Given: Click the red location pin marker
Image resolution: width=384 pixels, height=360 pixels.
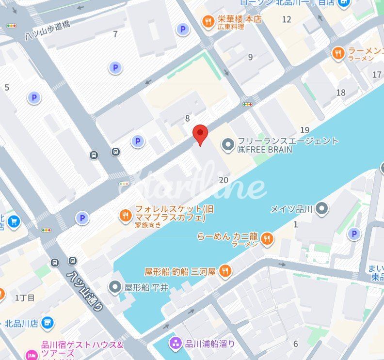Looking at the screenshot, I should tap(200, 133).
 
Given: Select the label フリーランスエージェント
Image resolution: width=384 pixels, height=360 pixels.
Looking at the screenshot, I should tap(288, 141).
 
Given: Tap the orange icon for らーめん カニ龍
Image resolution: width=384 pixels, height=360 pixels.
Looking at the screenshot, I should tap(266, 238).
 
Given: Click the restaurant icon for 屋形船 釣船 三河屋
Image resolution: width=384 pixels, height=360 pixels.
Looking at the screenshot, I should tap(225, 271).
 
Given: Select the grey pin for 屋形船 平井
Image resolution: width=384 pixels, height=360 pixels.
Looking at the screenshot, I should tap(115, 287).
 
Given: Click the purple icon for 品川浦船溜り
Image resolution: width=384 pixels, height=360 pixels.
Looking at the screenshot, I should tap(175, 344).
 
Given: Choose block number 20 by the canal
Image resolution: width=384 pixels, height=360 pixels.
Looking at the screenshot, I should tap(224, 180).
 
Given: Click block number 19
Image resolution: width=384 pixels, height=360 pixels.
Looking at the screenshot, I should tap(304, 130).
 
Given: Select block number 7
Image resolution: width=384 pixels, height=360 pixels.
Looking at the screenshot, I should tap(115, 34).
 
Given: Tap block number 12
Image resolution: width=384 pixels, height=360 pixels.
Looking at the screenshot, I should tap(287, 19).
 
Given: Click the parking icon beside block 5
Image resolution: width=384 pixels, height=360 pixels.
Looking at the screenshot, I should tap(34, 98).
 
